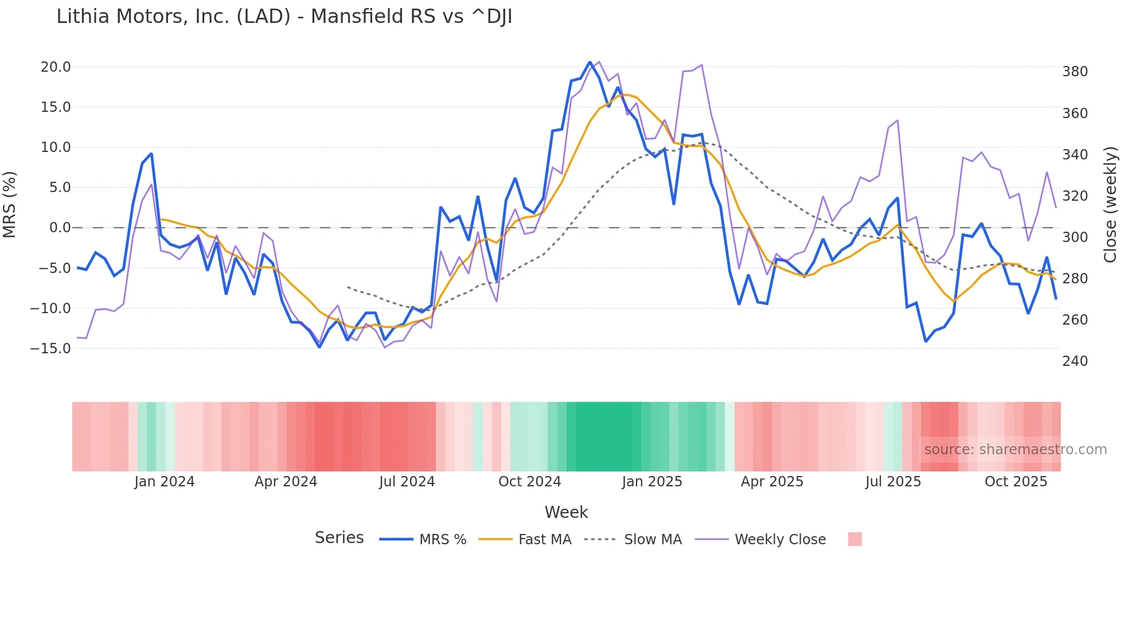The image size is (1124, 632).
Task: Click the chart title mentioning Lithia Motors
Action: (284, 17)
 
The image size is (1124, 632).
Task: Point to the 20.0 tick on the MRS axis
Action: (56, 67)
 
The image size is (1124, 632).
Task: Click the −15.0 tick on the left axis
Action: (50, 349)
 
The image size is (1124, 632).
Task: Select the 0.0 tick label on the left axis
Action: (60, 228)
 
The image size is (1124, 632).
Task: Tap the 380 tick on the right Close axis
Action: (1075, 72)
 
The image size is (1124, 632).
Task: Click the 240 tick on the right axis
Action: (1075, 361)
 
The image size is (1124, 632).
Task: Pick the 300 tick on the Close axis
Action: (1075, 237)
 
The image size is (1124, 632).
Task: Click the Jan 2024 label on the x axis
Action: (165, 482)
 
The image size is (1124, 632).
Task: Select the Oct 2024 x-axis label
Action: (529, 482)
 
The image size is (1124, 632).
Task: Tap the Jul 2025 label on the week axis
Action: (893, 482)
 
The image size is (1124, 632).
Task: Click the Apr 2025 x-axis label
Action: (772, 482)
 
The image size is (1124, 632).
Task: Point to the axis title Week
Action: (566, 512)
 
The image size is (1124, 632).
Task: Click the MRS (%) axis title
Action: (10, 204)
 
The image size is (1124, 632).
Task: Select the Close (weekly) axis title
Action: (1111, 204)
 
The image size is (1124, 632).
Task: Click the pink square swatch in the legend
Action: (854, 539)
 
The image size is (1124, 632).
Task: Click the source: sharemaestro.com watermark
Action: (1015, 450)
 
